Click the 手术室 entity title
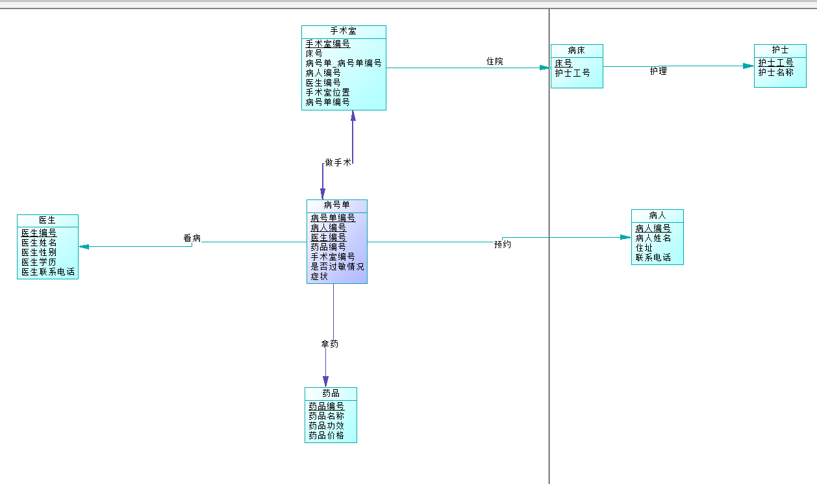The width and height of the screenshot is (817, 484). [343, 31]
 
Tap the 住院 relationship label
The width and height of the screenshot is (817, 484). [495, 62]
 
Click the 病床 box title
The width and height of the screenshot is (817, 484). [576, 50]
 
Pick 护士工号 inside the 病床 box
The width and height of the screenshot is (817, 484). [572, 73]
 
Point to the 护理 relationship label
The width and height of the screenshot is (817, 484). [658, 71]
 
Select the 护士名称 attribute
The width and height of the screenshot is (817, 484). [775, 73]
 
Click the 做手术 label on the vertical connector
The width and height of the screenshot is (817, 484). [338, 162]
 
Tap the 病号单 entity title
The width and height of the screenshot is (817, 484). [336, 205]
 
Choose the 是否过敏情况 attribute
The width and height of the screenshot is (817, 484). [337, 266]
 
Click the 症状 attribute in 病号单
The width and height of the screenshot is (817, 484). [319, 276]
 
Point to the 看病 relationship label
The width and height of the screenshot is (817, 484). [192, 238]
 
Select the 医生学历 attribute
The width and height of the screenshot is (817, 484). [38, 262]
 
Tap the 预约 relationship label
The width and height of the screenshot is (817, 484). [502, 244]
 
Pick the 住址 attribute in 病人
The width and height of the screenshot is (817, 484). [644, 248]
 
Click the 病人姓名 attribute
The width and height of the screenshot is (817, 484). [653, 238]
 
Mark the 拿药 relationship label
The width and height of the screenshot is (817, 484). [330, 344]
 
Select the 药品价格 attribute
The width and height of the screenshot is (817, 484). [326, 435]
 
